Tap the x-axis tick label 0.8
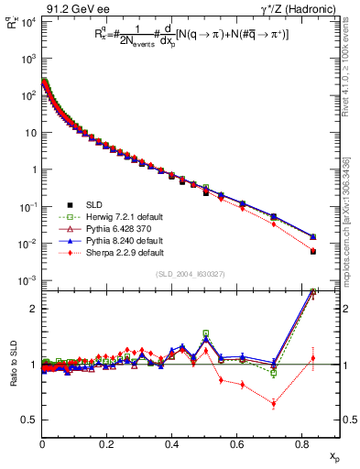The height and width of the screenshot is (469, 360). pos(301,446)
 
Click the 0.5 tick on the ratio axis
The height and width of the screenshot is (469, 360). pos(30,420)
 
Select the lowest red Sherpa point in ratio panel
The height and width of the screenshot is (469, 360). pos(274,403)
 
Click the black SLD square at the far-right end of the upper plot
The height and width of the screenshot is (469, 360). pos(312,251)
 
